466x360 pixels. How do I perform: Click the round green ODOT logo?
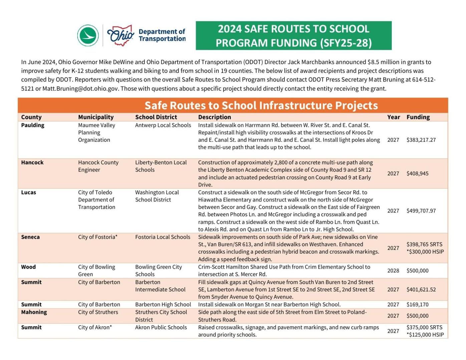(x=88, y=35)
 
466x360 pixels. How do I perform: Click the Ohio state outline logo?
(x=121, y=35)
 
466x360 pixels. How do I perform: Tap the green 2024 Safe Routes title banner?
(x=293, y=36)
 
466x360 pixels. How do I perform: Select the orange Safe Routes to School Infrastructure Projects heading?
(x=261, y=105)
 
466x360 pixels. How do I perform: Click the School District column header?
(x=156, y=117)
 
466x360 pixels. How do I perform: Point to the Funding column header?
(x=418, y=117)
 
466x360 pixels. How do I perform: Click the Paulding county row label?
(x=33, y=125)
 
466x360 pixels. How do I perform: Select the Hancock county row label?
(x=32, y=162)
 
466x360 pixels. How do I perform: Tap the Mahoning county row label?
(x=34, y=312)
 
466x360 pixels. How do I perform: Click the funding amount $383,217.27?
(x=421, y=140)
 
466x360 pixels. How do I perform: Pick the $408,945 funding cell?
(x=417, y=173)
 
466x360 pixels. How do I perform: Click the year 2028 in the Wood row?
(x=393, y=271)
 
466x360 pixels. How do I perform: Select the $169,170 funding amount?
(x=417, y=304)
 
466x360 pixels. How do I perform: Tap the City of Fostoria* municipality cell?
(x=98, y=237)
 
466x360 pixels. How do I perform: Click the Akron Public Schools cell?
(x=161, y=327)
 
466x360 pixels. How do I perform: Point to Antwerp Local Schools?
(x=163, y=125)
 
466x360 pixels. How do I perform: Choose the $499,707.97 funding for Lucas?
(x=421, y=211)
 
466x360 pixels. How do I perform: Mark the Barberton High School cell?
(x=163, y=304)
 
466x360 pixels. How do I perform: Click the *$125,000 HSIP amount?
(x=425, y=335)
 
